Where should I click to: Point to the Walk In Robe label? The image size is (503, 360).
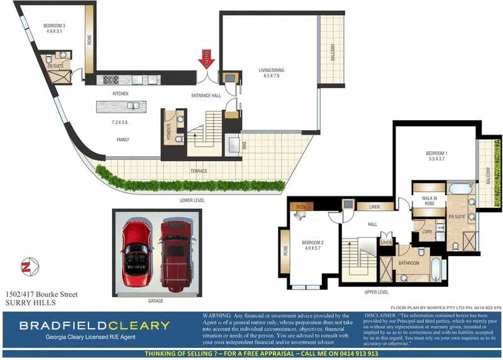pyautogui.click(x=429, y=201)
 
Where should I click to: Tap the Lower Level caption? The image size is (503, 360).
pyautogui.click(x=191, y=200)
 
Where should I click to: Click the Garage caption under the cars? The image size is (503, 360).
pyautogui.click(x=155, y=301)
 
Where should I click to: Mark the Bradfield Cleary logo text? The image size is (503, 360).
pyautogui.click(x=94, y=326)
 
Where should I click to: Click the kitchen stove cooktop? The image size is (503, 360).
pyautogui.click(x=111, y=80)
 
